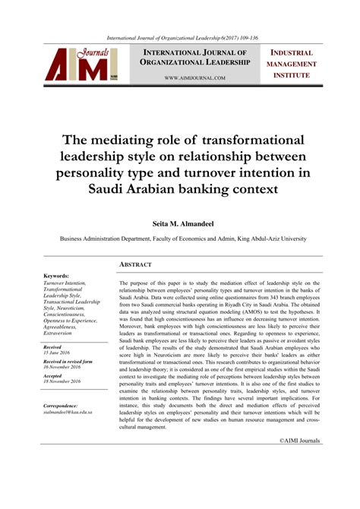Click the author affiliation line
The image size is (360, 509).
click(183, 238)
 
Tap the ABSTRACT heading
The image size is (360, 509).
click(136, 264)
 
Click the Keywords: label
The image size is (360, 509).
click(57, 276)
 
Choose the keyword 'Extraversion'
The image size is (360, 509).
click(62, 331)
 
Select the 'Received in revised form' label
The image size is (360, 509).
click(68, 362)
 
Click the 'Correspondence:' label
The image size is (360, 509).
click(63, 406)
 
